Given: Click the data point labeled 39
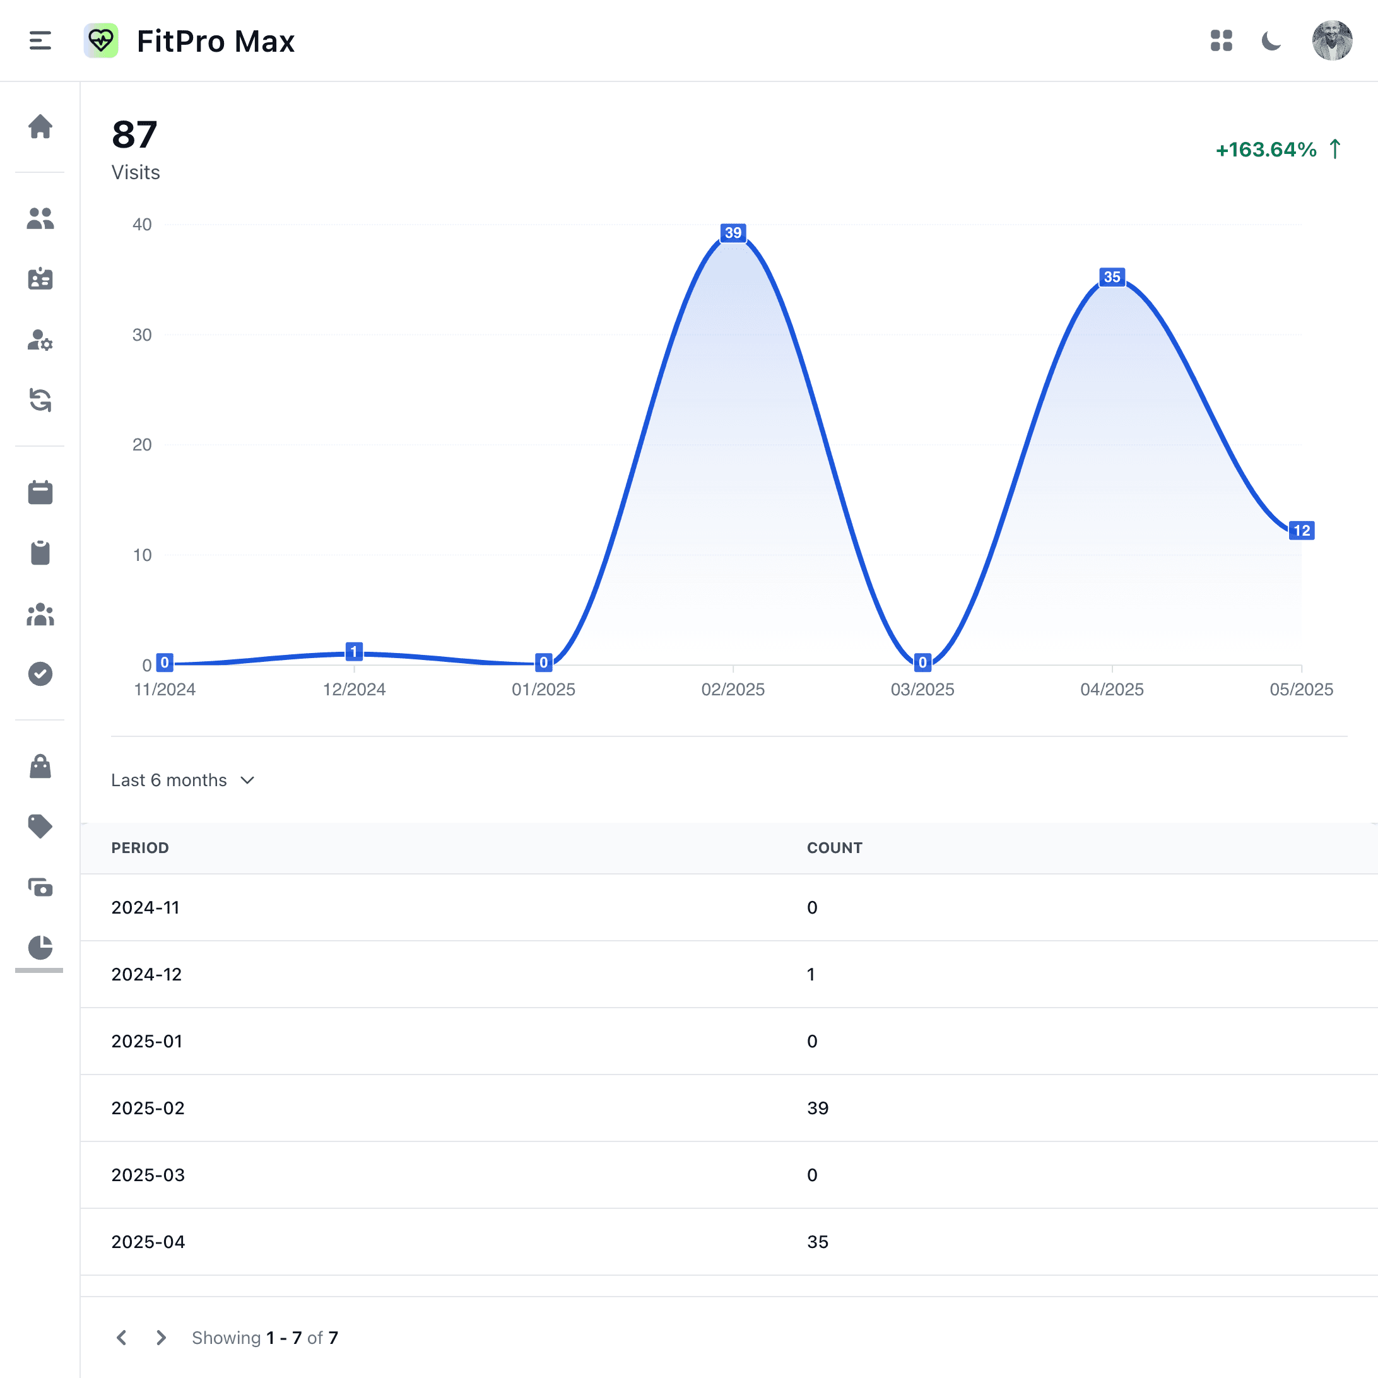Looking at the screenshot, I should pos(733,233).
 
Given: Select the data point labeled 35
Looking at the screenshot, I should pos(1111,278).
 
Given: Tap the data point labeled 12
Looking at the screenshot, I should pos(1301,531).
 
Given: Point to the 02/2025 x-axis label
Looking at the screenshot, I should pos(733,690).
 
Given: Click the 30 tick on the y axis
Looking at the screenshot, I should pos(142,335).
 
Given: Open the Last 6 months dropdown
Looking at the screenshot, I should pos(182,780).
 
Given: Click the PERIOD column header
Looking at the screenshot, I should pos(140,848).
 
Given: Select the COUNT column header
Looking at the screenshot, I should pos(835,848).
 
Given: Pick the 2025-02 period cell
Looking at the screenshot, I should pos(148,1109).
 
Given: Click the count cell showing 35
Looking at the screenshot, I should pos(817,1242).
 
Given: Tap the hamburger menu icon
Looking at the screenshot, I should pos(40,40).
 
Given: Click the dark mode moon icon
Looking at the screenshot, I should pos(1271,40).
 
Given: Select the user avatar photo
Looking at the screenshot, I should pos(1332,40).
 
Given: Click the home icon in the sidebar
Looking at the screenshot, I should pos(40,127).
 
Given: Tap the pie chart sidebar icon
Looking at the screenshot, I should pos(40,947).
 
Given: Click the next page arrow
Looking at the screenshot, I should pos(161,1338).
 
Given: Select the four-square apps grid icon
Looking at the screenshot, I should pos(1221,40).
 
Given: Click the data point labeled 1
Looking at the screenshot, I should pos(354,651).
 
